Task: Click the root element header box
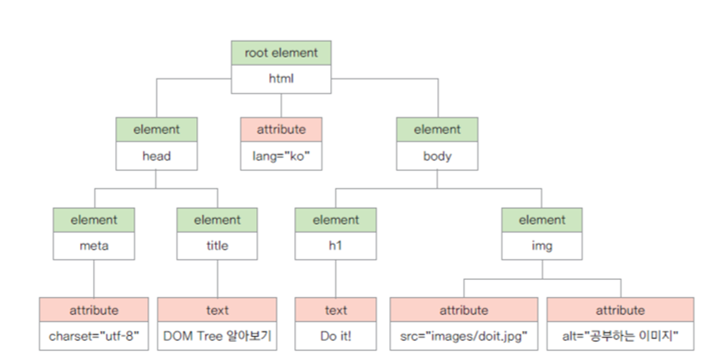tap(281, 53)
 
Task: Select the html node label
tap(281, 79)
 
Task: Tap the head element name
tap(156, 156)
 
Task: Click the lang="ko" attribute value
tap(281, 156)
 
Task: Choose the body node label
tap(437, 156)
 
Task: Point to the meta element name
tap(94, 246)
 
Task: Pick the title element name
tap(217, 246)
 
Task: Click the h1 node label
tap(335, 246)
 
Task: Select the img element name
tap(542, 246)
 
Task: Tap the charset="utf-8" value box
tap(94, 336)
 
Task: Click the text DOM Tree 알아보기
tap(217, 336)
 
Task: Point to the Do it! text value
tap(335, 336)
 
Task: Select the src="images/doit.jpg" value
tap(464, 336)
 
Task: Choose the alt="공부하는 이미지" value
tap(620, 336)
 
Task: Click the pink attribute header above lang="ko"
tap(281, 129)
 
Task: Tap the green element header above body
tap(437, 129)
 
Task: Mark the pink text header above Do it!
tap(335, 310)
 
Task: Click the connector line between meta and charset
tap(94, 278)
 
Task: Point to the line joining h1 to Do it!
tap(335, 278)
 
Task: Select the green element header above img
tap(542, 220)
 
